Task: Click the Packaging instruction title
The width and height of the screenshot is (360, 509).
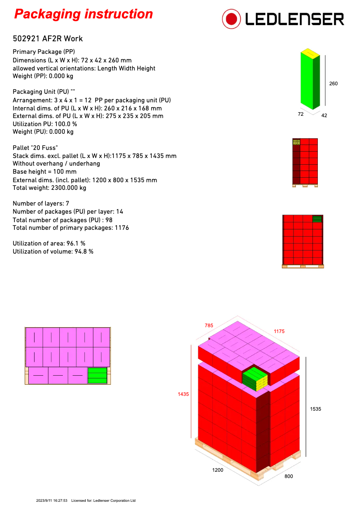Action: tap(83, 14)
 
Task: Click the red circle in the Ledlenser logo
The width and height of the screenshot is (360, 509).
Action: tap(231, 19)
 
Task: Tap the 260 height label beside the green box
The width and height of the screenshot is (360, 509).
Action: tap(333, 83)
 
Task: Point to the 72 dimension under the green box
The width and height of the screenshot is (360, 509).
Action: tap(301, 114)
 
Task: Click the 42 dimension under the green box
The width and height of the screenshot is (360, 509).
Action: tap(324, 115)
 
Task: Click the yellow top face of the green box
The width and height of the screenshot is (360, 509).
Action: tap(310, 54)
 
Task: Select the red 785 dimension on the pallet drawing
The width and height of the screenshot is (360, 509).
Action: tap(209, 325)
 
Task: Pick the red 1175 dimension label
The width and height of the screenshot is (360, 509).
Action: tap(279, 331)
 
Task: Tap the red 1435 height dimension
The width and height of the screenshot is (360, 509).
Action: tap(183, 394)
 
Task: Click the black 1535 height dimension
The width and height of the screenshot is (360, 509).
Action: tap(316, 409)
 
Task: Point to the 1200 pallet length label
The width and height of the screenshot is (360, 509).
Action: tap(218, 470)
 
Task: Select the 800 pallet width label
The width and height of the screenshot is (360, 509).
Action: tap(289, 476)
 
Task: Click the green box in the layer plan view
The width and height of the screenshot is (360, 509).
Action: tap(97, 375)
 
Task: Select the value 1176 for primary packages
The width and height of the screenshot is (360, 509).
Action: tap(122, 228)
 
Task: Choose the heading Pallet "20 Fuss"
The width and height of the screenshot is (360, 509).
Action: tap(35, 148)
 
